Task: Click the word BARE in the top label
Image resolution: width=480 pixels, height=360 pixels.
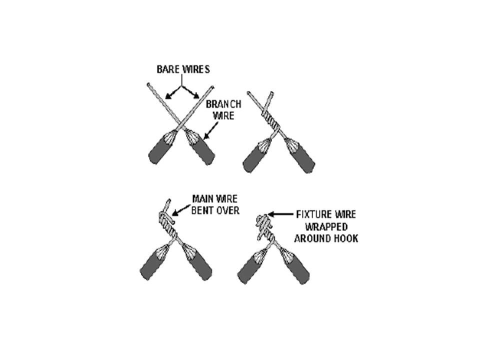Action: point(168,69)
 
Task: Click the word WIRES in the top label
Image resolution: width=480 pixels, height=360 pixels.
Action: point(196,69)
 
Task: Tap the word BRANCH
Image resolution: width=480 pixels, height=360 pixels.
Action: point(223,104)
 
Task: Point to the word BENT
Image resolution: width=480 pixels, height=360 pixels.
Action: point(202,210)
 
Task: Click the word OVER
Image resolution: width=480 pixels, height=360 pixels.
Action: point(228,210)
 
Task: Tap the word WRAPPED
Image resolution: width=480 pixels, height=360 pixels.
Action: point(326,227)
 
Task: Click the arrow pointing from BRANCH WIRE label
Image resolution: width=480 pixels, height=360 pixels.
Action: point(210,131)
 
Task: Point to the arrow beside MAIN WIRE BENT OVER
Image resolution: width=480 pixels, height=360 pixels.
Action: point(181,209)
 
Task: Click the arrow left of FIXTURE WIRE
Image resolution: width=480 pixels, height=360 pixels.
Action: point(280,214)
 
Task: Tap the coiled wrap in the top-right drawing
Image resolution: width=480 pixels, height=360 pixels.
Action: point(271,120)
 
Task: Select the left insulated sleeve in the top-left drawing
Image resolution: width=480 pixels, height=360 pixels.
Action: point(161,147)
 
